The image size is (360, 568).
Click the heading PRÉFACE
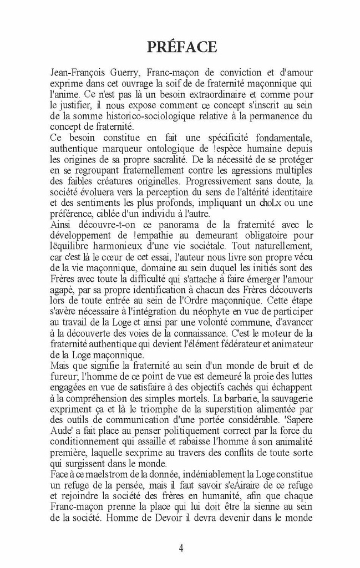[181, 47]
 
